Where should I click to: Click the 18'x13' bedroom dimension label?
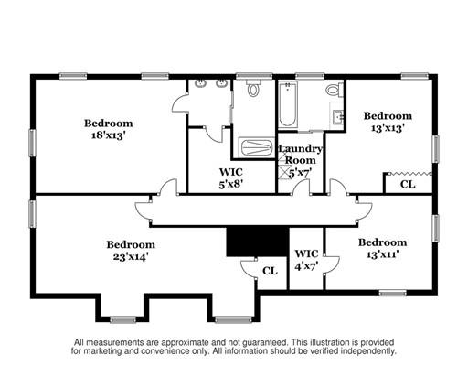(109, 135)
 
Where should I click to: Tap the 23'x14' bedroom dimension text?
(131, 257)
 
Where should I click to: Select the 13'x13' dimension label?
(388, 127)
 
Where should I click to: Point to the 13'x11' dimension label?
(383, 254)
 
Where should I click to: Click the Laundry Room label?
(300, 155)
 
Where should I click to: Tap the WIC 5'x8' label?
(231, 178)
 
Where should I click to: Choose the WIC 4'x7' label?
(306, 260)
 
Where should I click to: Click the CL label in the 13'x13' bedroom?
(408, 185)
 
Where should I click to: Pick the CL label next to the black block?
(271, 271)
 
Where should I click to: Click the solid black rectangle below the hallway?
(258, 242)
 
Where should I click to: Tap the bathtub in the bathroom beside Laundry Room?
(287, 104)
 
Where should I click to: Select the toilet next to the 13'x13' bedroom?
(335, 89)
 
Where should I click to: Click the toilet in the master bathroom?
(253, 88)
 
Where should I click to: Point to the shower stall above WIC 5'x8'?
(257, 147)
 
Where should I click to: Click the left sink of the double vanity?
(200, 82)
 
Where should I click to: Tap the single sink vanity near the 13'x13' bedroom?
(337, 115)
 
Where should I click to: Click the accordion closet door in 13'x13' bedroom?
(410, 174)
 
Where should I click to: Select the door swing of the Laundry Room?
(301, 187)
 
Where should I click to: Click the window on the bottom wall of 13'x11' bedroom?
(392, 293)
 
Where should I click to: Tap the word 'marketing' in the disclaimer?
(100, 351)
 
